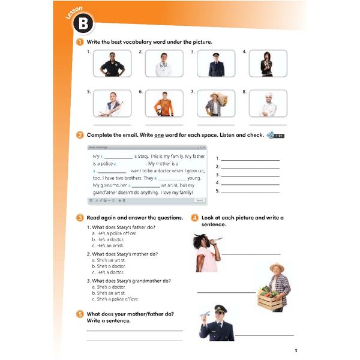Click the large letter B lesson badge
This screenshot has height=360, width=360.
[x=86, y=24]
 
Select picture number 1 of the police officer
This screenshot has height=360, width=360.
[x=112, y=64]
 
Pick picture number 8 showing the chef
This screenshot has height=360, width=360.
[x=268, y=103]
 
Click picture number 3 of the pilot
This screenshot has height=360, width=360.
[x=216, y=64]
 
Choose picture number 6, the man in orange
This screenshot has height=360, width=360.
[x=164, y=103]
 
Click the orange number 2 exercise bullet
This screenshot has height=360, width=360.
[x=80, y=135]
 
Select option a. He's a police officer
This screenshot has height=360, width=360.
[x=111, y=233]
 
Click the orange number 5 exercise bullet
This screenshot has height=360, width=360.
[x=80, y=314]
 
